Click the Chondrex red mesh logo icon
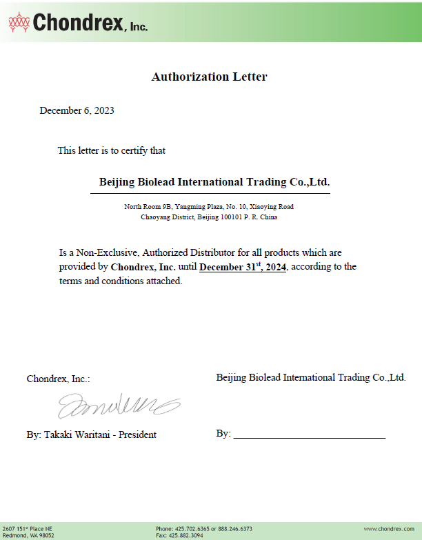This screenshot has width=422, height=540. (x=19, y=23)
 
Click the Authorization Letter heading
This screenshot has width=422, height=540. (x=209, y=77)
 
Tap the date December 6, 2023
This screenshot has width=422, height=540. (x=77, y=110)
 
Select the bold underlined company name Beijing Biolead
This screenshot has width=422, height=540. (x=214, y=182)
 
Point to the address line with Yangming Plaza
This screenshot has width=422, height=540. (x=209, y=206)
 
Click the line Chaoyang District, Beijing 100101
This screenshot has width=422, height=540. (x=209, y=217)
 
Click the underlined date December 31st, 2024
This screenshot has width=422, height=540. (x=243, y=266)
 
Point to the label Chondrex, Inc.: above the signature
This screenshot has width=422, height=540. (x=58, y=379)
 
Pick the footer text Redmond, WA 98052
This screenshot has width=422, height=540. (x=29, y=535)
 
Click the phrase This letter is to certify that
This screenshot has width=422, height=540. (x=111, y=150)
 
